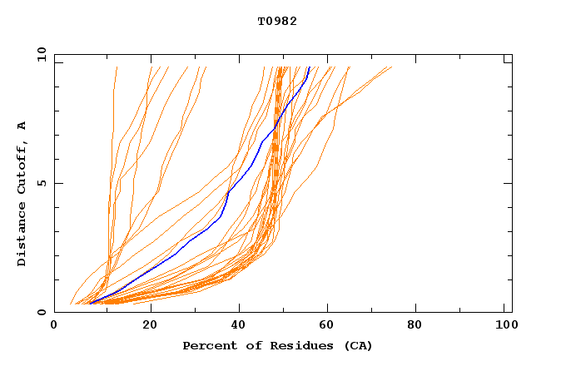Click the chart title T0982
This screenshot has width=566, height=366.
(x=277, y=21)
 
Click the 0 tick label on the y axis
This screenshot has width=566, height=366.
(x=41, y=312)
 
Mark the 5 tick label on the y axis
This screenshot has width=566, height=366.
(x=41, y=183)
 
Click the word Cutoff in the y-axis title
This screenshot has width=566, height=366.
(x=22, y=171)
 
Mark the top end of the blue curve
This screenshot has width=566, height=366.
(x=309, y=67)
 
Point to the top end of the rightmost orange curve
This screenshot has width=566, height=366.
(x=391, y=67)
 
